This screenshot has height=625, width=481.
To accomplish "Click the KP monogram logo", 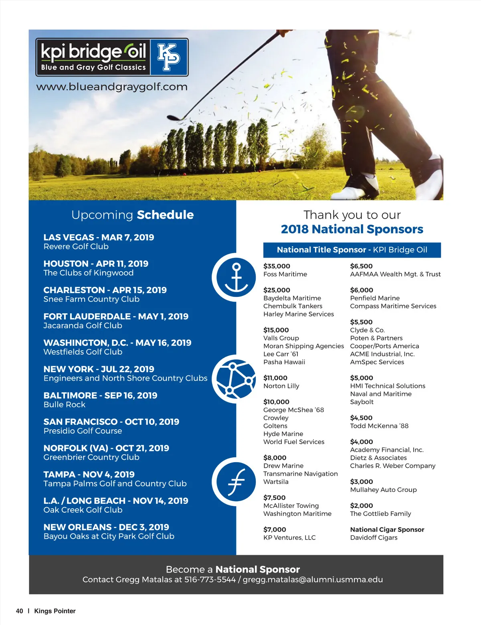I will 169,57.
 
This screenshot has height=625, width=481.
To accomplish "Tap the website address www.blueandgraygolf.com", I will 112,87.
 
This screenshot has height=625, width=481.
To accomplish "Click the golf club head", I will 173,118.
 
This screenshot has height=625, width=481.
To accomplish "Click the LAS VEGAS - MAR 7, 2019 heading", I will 99,237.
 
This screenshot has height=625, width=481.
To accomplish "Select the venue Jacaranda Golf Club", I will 83,326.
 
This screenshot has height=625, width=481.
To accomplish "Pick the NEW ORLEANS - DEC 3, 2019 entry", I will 106,527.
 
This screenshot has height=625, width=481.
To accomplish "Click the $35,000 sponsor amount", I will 277,266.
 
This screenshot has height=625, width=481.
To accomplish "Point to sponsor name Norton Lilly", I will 281,386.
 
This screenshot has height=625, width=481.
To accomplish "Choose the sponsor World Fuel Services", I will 294,442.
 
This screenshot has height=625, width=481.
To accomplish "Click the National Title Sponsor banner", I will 352,250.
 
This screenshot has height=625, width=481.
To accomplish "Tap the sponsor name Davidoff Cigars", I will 374,538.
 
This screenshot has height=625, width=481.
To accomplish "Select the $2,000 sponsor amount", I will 361,506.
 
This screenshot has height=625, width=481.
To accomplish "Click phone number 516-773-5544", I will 210,580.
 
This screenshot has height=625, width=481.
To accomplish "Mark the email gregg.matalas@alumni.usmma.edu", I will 313,580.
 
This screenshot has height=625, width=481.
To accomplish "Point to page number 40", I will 19,611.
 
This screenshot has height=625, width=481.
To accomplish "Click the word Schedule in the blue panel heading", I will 165,215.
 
